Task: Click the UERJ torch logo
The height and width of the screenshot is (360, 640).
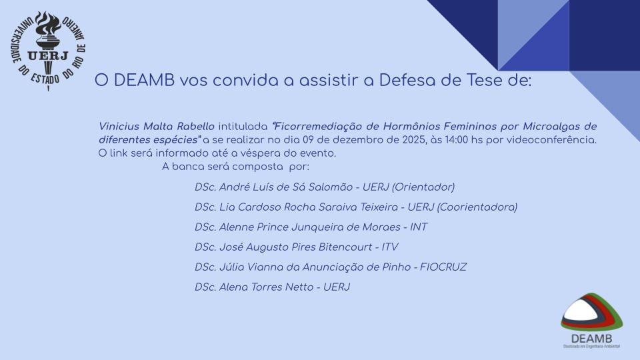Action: click(48, 51)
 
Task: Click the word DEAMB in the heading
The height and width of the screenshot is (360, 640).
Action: click(144, 81)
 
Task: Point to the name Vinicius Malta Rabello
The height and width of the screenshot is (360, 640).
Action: click(156, 127)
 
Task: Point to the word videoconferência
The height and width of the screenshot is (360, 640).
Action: click(551, 140)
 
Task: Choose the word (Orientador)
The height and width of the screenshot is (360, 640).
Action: click(423, 187)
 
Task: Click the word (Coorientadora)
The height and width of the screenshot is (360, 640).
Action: click(477, 207)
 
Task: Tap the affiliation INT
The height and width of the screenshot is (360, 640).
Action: click(419, 227)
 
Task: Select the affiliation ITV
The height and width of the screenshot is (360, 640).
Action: click(390, 247)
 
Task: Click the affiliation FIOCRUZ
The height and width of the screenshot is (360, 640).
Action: click(443, 267)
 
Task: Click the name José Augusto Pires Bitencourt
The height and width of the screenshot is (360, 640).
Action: click(296, 247)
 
